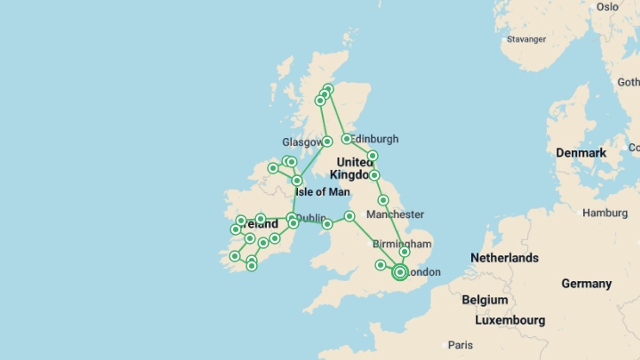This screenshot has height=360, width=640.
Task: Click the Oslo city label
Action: [607, 7]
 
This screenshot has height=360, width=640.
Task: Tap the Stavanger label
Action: [526, 39]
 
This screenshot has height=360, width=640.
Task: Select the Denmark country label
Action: [581, 153]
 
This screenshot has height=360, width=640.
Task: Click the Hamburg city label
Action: [605, 213]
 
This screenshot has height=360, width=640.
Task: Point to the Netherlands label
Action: [504, 258]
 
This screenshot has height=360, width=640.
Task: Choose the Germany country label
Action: [586, 284]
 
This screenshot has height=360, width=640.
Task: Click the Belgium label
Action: [485, 300]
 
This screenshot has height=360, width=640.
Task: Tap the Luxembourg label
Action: [510, 320]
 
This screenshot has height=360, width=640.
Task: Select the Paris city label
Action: [460, 345]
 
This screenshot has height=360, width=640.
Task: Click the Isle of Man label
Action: [323, 192]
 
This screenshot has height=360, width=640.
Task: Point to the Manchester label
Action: [395, 214]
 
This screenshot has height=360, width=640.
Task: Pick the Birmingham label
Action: [402, 244]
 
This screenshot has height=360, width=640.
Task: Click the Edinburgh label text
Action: [375, 139]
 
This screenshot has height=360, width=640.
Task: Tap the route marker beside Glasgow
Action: [327, 142]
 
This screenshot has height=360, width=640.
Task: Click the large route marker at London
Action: [400, 272]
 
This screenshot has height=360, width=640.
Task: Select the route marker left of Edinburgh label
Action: [347, 139]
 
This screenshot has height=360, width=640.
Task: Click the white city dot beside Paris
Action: [444, 345]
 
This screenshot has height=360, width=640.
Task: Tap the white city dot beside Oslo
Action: [592, 7]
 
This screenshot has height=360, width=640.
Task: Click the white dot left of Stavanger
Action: [503, 39]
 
